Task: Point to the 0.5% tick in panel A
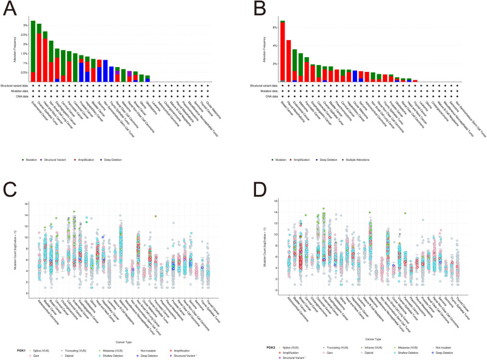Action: click(x=24, y=72)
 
